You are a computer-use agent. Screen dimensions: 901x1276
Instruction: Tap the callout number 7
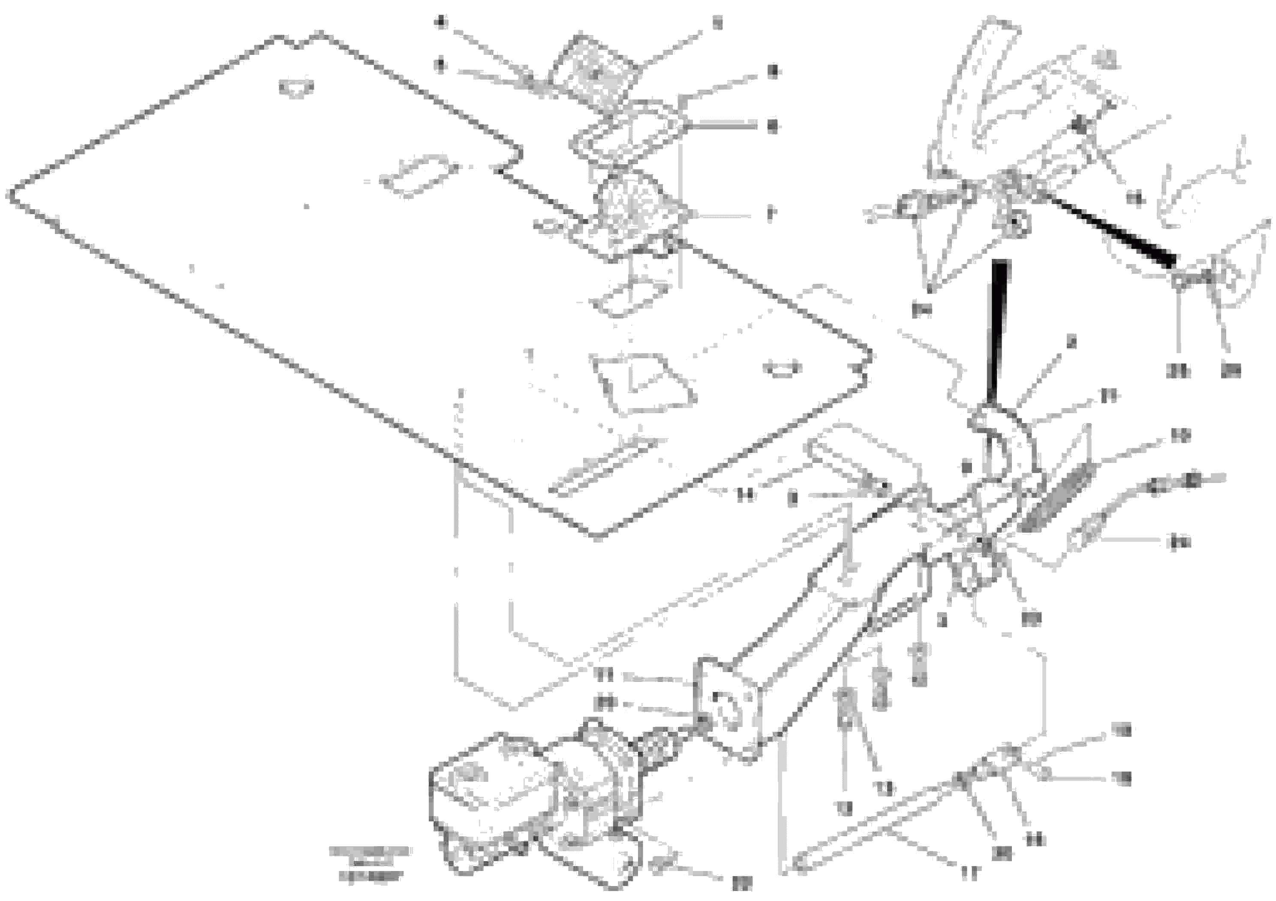(770, 214)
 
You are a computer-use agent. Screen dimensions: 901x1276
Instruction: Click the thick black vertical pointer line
(999, 333)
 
